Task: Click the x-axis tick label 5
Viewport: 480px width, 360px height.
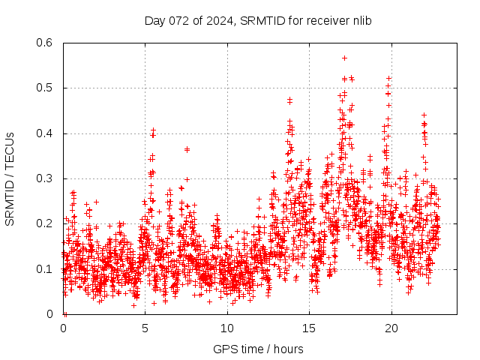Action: tap(145, 328)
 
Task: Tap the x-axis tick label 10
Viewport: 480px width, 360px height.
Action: tap(227, 328)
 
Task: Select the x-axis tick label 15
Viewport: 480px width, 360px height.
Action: tap(309, 328)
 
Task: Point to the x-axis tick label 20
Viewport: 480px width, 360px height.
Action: tap(391, 328)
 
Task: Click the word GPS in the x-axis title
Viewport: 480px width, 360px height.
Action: tap(224, 349)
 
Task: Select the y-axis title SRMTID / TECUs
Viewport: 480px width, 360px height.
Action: tap(10, 178)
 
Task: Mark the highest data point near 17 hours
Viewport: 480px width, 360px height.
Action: tap(344, 58)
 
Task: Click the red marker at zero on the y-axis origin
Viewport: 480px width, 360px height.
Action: tap(65, 313)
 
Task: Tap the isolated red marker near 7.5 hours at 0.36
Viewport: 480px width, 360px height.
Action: tap(187, 149)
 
